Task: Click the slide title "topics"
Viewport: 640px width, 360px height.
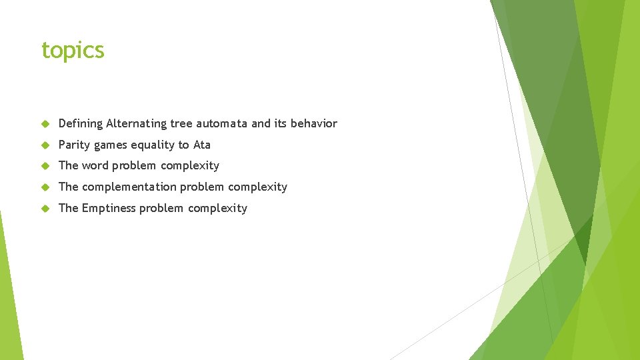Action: click(x=73, y=50)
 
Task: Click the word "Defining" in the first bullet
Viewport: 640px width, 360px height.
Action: click(x=81, y=123)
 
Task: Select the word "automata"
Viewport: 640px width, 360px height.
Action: click(x=222, y=123)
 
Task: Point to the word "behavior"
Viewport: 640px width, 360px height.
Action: click(x=314, y=123)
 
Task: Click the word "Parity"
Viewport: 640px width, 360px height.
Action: click(x=74, y=145)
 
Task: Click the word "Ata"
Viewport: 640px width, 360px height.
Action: click(x=201, y=145)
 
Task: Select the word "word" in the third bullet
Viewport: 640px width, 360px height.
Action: click(x=95, y=165)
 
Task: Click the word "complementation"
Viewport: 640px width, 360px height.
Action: click(x=129, y=187)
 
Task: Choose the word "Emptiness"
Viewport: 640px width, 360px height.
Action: click(x=108, y=208)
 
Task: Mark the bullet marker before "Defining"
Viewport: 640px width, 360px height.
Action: click(x=45, y=124)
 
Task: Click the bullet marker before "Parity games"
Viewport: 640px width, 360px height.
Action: click(x=45, y=145)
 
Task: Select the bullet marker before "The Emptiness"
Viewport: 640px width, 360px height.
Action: click(x=45, y=209)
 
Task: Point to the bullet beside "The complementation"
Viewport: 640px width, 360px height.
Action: click(x=45, y=187)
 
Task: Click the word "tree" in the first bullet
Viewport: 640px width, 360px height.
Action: click(x=181, y=123)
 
